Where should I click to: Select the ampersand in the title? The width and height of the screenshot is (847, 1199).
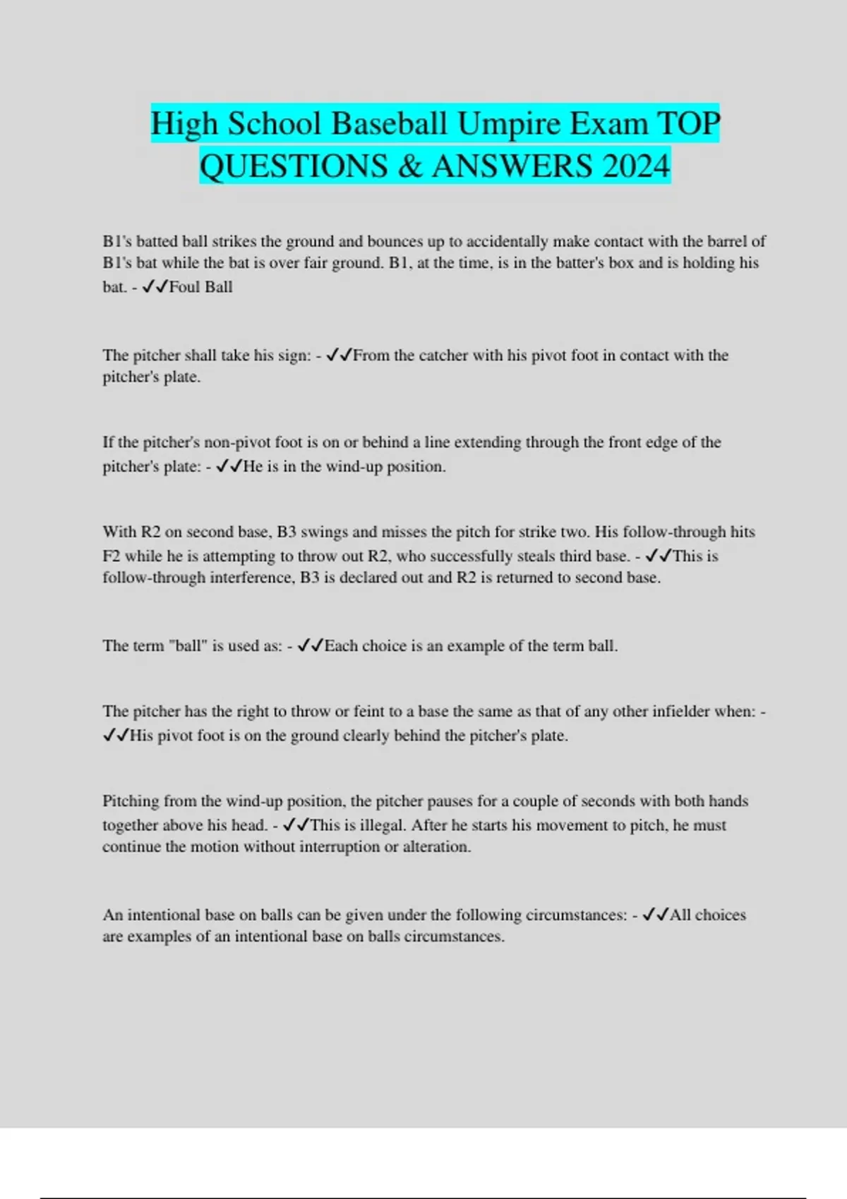[x=409, y=166]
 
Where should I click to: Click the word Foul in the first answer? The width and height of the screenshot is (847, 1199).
[x=185, y=287]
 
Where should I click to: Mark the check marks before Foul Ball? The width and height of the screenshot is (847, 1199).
[x=155, y=287]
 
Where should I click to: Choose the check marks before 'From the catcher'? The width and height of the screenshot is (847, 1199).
[x=339, y=355]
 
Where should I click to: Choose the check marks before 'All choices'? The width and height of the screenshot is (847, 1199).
[x=655, y=915]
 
